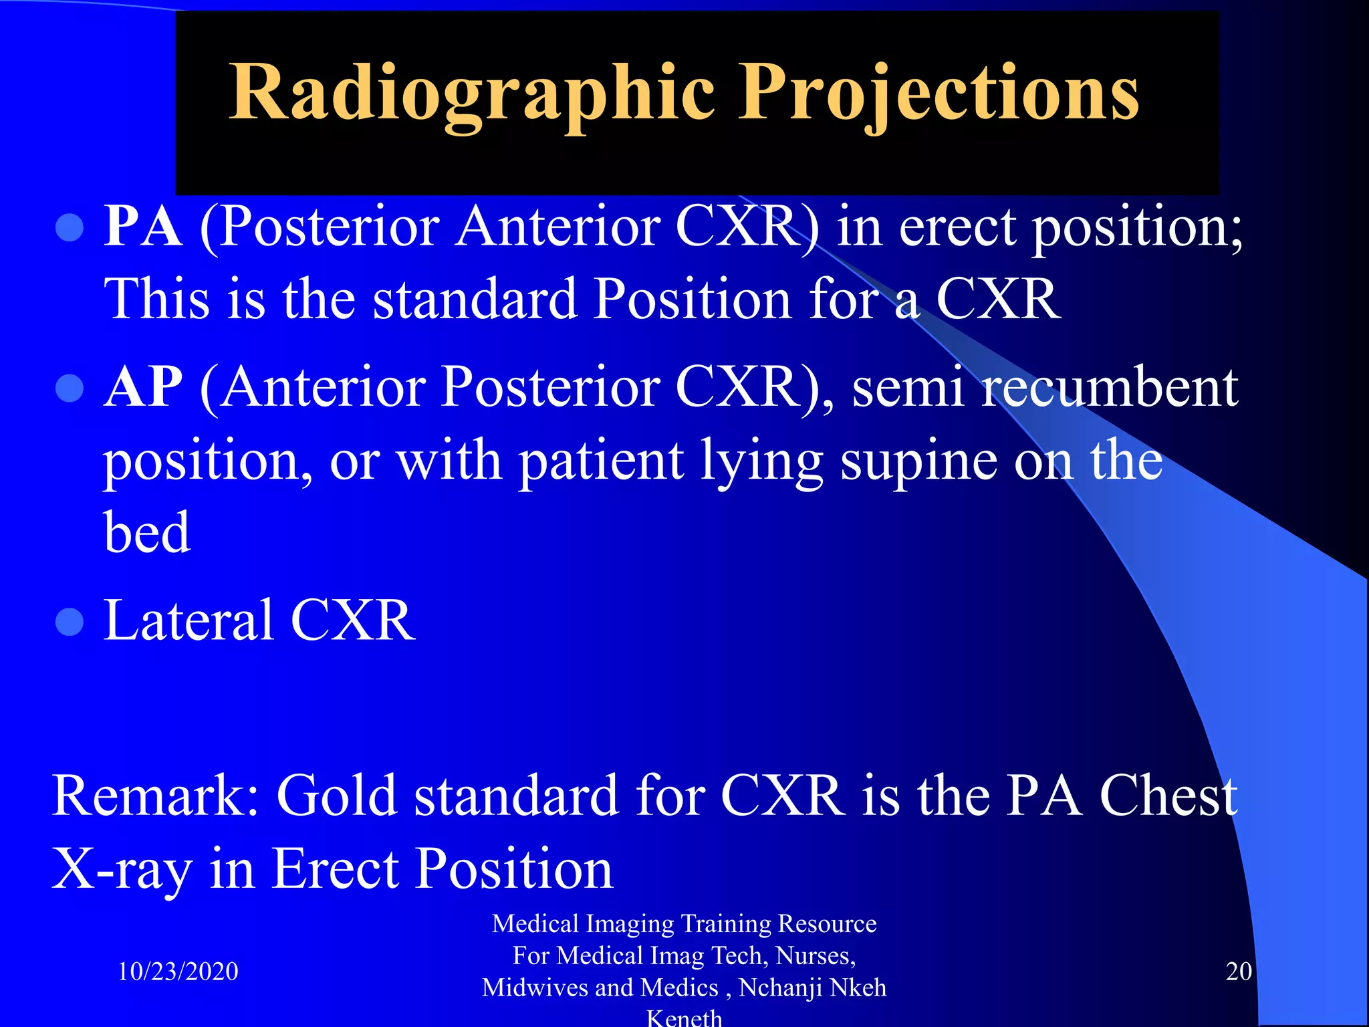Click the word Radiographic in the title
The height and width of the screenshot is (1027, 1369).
[471, 94]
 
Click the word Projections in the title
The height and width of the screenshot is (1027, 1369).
[937, 94]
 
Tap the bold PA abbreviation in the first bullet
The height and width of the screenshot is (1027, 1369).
[142, 227]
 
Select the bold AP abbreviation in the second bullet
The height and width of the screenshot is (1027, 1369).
[142, 387]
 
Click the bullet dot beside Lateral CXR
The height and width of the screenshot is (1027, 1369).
[70, 621]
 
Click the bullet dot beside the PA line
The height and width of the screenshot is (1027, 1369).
[70, 228]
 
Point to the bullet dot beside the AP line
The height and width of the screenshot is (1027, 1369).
[70, 388]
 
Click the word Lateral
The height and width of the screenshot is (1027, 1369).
[188, 620]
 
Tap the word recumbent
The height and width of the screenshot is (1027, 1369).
[1110, 388]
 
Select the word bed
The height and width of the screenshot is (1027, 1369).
[146, 533]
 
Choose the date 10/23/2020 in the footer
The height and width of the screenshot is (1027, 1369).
[178, 972]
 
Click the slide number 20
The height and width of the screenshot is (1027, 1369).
[1238, 972]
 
